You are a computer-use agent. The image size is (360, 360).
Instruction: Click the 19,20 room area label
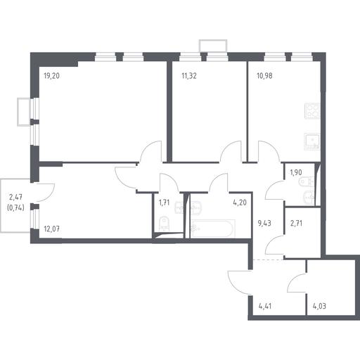point(51,76)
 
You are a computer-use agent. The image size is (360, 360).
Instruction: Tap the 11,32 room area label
point(189,76)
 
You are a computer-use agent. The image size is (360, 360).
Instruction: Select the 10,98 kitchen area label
point(264,76)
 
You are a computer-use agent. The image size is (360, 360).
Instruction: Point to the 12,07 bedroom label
point(51,229)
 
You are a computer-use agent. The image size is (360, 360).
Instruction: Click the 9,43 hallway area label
point(264,223)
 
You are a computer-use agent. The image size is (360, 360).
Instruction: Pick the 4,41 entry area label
point(264,306)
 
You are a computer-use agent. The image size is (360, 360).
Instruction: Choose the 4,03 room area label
point(319,306)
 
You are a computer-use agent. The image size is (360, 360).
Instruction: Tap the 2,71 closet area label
point(296,223)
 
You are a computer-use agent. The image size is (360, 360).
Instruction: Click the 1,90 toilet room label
point(296,173)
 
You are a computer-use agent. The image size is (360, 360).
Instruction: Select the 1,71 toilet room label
point(164,202)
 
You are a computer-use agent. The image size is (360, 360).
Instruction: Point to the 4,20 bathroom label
point(240,202)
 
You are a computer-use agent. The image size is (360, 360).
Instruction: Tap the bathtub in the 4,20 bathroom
point(213,229)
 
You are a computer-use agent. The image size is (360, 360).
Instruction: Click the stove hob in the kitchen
point(312,111)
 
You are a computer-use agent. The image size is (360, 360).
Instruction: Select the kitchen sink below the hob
point(312,141)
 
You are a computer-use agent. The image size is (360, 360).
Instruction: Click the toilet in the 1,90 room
point(307,182)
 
